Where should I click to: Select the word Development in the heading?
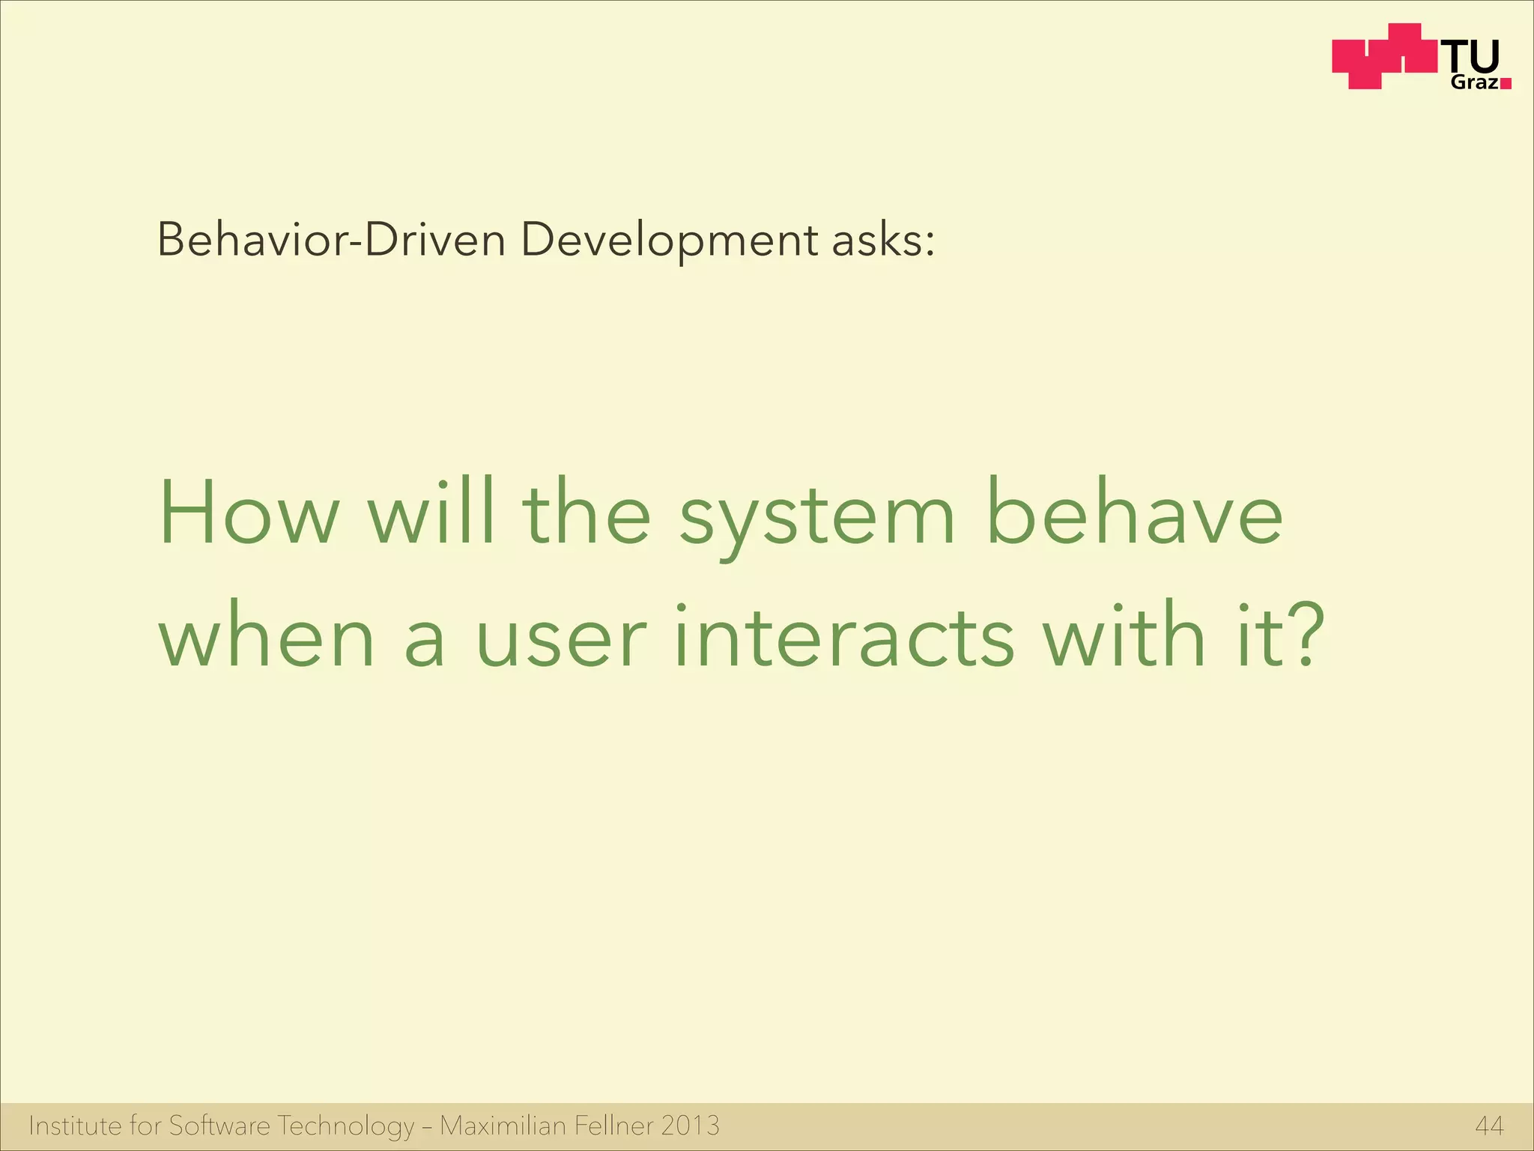(x=669, y=242)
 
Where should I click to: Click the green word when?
(x=266, y=636)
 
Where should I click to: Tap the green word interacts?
(x=844, y=636)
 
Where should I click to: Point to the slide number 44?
(x=1489, y=1126)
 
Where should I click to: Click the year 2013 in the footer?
(x=690, y=1126)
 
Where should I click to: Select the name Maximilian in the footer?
(x=503, y=1126)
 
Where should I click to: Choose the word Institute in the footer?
(x=74, y=1126)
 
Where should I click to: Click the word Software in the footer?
(x=219, y=1126)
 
